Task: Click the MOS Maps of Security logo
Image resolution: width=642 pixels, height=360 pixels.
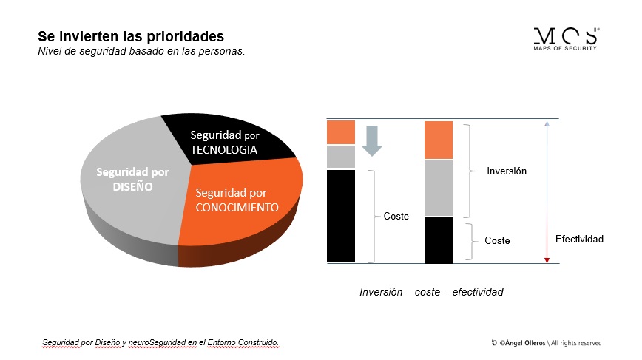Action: click(567, 39)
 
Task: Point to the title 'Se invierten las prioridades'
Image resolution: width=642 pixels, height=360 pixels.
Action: click(131, 36)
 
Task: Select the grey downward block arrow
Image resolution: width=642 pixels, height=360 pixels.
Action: click(372, 140)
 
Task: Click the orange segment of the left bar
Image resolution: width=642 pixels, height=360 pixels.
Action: click(341, 132)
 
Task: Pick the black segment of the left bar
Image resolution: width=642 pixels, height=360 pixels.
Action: click(341, 216)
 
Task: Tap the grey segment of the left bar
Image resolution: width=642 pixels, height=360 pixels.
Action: click(341, 157)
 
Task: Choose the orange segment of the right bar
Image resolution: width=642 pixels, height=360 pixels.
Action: click(439, 140)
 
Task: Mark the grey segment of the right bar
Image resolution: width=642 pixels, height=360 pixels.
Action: click(439, 189)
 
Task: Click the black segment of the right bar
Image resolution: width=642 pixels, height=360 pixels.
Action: click(439, 240)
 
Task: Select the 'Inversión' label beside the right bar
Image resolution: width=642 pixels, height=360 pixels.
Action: click(507, 171)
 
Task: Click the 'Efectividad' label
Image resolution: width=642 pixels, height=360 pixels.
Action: click(579, 239)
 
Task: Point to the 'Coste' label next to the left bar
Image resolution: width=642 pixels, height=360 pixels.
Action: click(396, 216)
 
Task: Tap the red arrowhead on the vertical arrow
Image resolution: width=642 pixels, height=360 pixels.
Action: click(547, 260)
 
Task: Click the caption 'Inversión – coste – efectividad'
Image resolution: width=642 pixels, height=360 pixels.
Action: click(431, 292)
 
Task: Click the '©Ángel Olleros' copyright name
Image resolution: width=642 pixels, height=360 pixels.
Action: click(522, 343)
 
